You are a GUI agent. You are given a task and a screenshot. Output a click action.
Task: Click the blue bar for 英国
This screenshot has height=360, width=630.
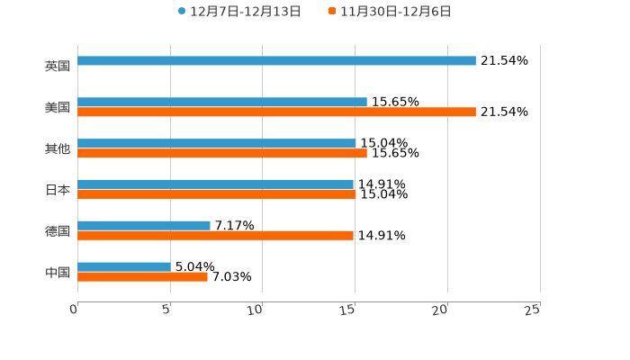click(x=276, y=61)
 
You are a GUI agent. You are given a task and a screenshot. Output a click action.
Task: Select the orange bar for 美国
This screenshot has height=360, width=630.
click(x=276, y=112)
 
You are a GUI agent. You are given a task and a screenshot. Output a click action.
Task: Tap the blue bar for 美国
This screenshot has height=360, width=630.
click(x=222, y=103)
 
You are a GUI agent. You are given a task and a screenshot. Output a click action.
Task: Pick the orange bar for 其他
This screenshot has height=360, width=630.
click(x=222, y=154)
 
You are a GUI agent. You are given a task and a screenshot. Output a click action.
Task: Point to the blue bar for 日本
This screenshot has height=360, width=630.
click(x=215, y=184)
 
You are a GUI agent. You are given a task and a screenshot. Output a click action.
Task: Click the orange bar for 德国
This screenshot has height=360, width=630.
click(x=215, y=236)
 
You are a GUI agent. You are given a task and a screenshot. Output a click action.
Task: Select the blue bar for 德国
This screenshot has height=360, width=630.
click(x=144, y=225)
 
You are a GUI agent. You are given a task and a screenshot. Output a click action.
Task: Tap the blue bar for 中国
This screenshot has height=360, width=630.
click(x=124, y=266)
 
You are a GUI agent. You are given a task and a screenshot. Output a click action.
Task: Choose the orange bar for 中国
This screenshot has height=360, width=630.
click(x=142, y=277)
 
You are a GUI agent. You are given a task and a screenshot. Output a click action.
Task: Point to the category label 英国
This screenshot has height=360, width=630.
click(x=58, y=67)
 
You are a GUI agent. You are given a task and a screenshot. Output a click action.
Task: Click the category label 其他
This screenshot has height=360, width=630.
click(x=58, y=148)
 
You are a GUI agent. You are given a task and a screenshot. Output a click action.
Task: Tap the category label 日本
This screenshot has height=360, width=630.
click(x=58, y=190)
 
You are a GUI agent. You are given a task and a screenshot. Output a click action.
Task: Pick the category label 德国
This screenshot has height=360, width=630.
click(x=58, y=231)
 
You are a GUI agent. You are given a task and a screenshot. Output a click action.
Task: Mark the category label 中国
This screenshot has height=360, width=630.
click(x=58, y=272)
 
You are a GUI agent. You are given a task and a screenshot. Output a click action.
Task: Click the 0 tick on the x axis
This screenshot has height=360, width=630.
click(x=74, y=310)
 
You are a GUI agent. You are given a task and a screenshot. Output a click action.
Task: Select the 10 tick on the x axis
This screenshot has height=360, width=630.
click(x=256, y=310)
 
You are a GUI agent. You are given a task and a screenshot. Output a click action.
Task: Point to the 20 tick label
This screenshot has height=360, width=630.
click(x=440, y=310)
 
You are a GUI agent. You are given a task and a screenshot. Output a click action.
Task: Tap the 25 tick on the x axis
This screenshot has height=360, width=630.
click(x=533, y=310)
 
